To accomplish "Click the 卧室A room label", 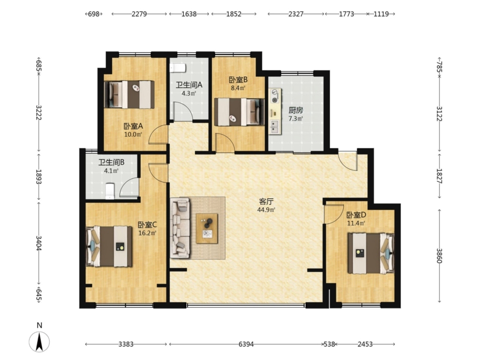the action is (133, 126).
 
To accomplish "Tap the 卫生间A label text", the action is (189, 85).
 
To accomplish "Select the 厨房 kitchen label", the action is (296, 110).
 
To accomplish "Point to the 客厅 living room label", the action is (266, 202).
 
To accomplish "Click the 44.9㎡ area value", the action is (266, 210).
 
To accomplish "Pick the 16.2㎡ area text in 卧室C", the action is (147, 233).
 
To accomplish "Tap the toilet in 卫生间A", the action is (178, 67).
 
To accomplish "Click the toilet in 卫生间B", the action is (110, 191).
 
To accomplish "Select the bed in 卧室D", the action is (371, 253).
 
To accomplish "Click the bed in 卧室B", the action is (239, 112).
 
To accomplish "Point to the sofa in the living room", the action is (180, 227).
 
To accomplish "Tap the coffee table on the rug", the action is (207, 228).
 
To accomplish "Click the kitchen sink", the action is (275, 127).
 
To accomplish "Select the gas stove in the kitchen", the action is (275, 96).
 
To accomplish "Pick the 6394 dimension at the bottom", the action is (246, 344).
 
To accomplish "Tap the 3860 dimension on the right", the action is (439, 255).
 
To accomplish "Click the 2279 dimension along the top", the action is (139, 14).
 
